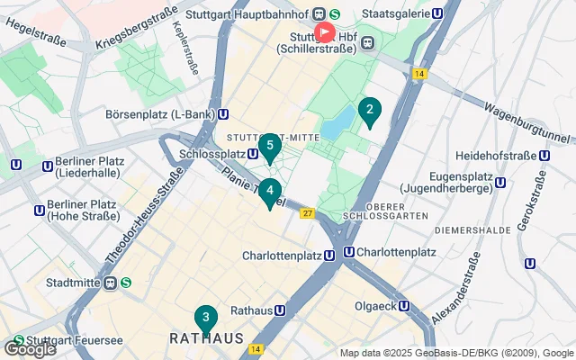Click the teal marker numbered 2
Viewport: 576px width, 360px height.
point(369,112)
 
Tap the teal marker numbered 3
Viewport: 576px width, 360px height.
point(206,318)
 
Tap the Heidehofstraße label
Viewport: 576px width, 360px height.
point(494,155)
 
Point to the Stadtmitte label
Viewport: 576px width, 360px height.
point(65,283)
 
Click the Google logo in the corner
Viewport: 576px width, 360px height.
point(30,348)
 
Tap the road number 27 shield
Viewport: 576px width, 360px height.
point(307,213)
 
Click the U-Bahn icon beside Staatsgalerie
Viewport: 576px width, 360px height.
point(438,13)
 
